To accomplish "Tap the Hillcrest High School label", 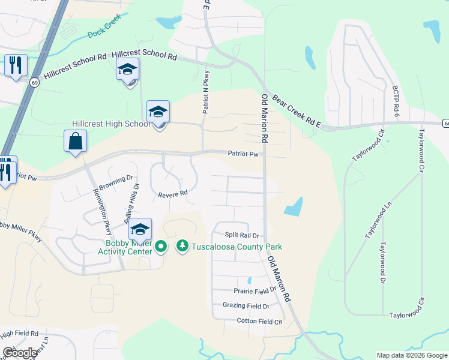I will click(110, 124).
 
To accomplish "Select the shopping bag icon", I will click(76, 142).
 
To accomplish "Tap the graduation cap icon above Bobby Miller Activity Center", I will click(140, 229).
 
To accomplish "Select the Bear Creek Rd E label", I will click(297, 112).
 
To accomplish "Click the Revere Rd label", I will click(173, 194).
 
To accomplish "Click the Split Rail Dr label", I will click(241, 235).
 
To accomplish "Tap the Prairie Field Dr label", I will click(255, 289).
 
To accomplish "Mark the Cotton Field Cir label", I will click(259, 322).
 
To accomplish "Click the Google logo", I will click(19, 353).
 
